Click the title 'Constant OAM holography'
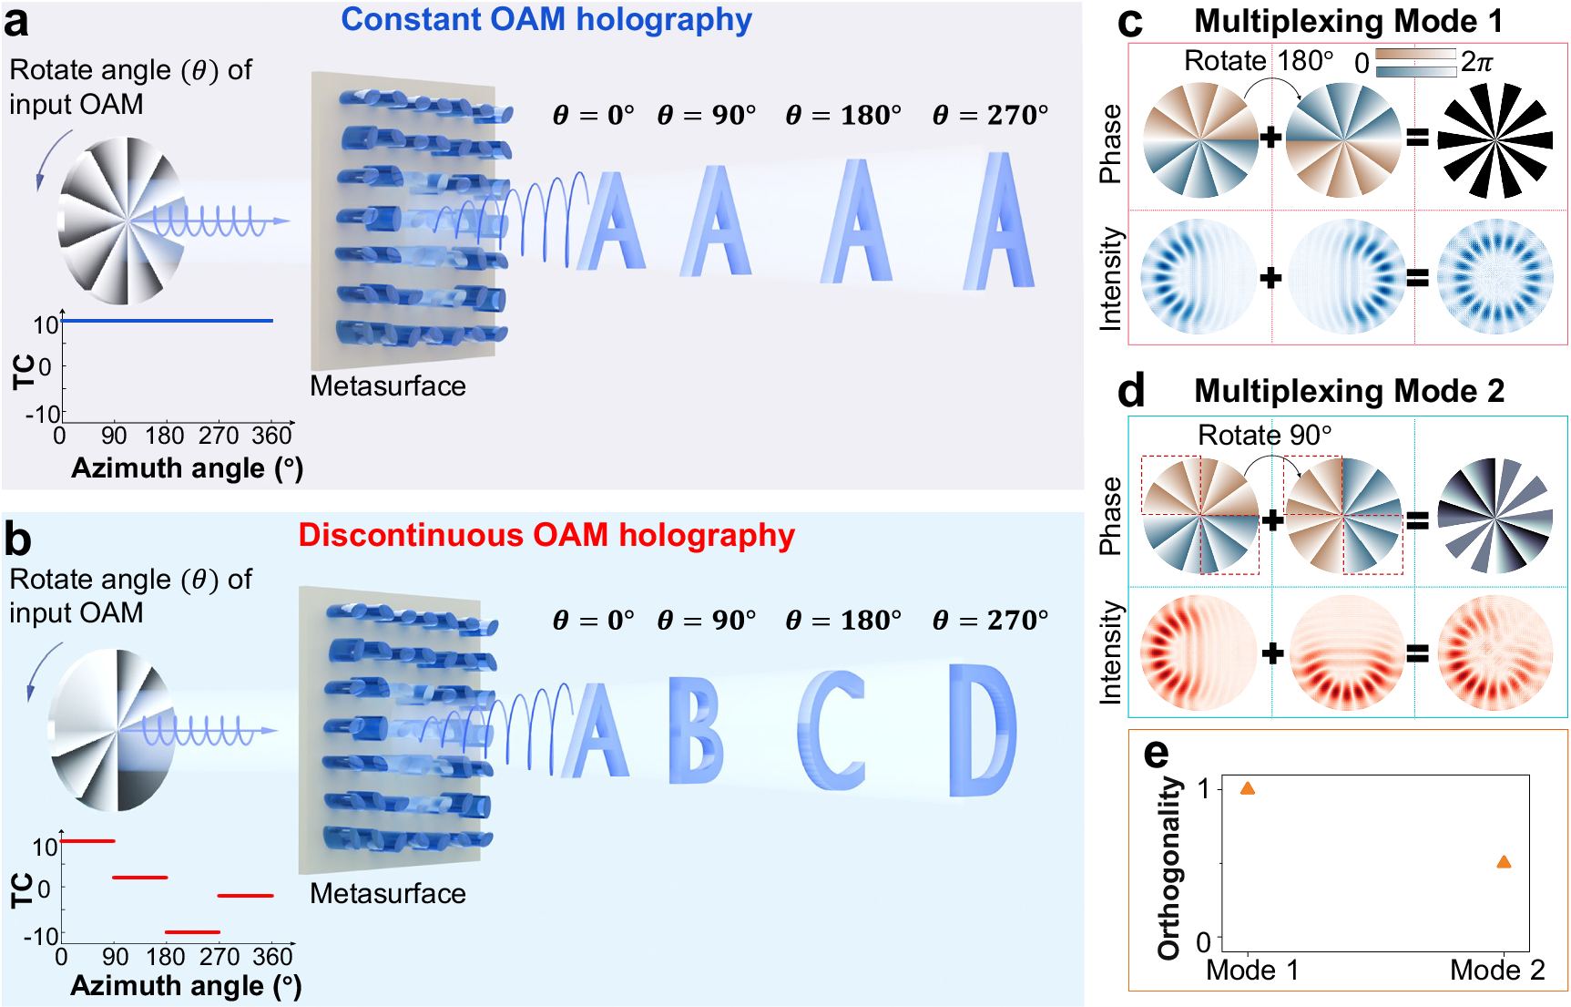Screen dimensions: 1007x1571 pos(546,20)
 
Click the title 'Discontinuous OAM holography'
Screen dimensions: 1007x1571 pos(546,535)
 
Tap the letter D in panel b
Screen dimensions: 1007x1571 pos(982,729)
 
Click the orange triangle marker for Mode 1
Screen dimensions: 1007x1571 pos(1248,788)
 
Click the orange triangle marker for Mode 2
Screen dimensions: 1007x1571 pos(1504,862)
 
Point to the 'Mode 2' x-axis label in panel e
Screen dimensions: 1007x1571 pos(1497,971)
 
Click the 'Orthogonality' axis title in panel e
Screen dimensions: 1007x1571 pos(1168,868)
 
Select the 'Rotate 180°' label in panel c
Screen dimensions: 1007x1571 pos(1258,61)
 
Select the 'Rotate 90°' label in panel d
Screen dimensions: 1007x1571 pos(1264,436)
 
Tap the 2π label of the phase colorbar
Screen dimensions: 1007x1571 pos(1476,62)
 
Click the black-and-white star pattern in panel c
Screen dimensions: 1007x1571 pos(1494,140)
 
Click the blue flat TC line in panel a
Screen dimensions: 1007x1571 pos(168,321)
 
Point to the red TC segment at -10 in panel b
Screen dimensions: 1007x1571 pos(192,932)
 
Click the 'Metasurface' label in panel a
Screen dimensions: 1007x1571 pos(387,386)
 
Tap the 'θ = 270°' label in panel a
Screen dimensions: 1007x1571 pos(990,116)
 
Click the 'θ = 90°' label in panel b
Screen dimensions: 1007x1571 pos(707,621)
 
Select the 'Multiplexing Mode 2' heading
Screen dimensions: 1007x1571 pos(1349,391)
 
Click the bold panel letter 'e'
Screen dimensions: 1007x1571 pos(1156,753)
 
